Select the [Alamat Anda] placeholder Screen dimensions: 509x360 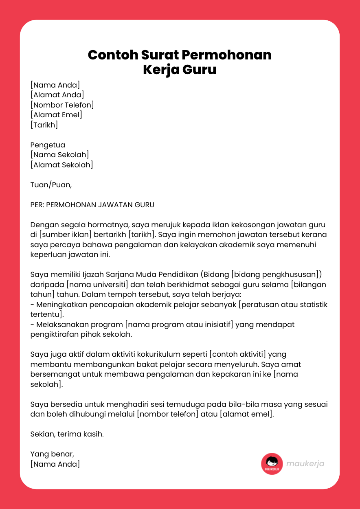tap(57, 95)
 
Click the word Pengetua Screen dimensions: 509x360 tap(48, 145)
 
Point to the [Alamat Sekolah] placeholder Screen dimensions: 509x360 tap(61, 165)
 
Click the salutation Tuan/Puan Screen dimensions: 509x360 tap(51, 185)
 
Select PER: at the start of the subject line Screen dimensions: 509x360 tap(37, 205)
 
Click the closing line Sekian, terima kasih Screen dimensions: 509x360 tap(67, 434)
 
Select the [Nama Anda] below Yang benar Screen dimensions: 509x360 tap(55, 464)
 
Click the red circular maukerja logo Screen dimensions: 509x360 tap(272, 464)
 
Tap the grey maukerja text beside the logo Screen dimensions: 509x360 tap(305, 464)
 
